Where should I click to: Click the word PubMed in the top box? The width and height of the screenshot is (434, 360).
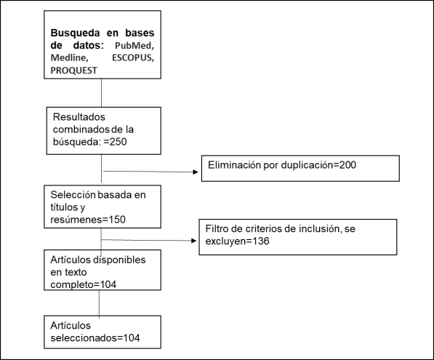[134, 45]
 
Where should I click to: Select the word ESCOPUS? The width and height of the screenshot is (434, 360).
[132, 57]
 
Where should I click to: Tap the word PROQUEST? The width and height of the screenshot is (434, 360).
[73, 71]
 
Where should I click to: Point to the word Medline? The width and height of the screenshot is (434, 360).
[69, 57]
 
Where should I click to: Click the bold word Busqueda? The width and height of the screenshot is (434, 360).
[75, 33]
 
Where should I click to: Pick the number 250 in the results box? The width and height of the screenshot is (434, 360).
[118, 142]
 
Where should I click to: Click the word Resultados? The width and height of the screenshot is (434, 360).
[79, 117]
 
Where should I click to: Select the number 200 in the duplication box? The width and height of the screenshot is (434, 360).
[347, 165]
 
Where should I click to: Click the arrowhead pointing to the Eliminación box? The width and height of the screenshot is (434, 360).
[196, 172]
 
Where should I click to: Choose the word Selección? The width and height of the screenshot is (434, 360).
[73, 195]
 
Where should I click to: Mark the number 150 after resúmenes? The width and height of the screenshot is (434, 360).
[117, 220]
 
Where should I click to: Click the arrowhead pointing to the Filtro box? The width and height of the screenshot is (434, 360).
[194, 241]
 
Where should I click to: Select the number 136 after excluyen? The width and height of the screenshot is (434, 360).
[261, 241]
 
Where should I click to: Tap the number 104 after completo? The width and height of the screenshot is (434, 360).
[108, 284]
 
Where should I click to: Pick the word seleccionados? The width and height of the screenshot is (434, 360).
[84, 338]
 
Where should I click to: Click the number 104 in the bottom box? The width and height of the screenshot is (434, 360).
[131, 338]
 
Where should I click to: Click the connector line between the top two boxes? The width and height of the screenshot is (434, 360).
[101, 93]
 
